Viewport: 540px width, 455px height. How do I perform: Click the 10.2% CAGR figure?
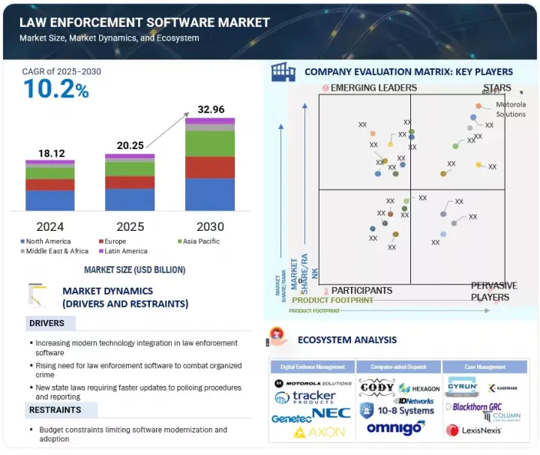(56, 89)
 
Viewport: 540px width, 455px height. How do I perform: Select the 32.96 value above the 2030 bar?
(210, 109)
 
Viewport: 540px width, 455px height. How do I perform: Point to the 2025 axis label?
(129, 226)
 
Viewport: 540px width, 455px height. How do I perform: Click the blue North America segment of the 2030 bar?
(210, 194)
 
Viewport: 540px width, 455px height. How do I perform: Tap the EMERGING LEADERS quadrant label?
(373, 88)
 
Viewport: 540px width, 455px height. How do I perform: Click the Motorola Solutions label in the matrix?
(511, 109)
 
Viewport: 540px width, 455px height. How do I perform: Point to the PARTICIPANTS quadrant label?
(361, 290)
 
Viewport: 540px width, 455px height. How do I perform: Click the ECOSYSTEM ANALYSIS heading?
(347, 340)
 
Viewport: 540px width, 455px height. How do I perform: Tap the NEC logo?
(331, 412)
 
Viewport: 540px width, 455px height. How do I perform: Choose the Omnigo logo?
(396, 428)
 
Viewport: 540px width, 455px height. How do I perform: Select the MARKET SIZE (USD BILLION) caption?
(134, 270)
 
